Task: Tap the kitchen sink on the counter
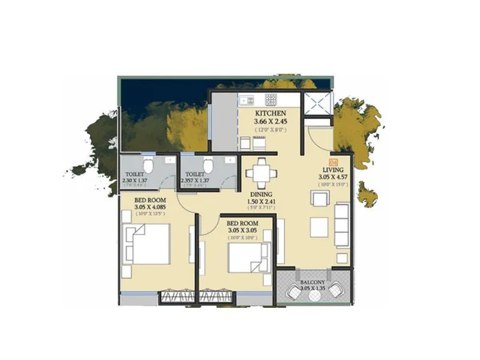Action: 247,100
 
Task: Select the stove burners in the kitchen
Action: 271,99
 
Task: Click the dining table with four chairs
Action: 261,174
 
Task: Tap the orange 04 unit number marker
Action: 334,161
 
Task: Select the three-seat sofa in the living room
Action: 341,225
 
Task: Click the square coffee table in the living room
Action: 319,226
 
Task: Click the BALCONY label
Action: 313,282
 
